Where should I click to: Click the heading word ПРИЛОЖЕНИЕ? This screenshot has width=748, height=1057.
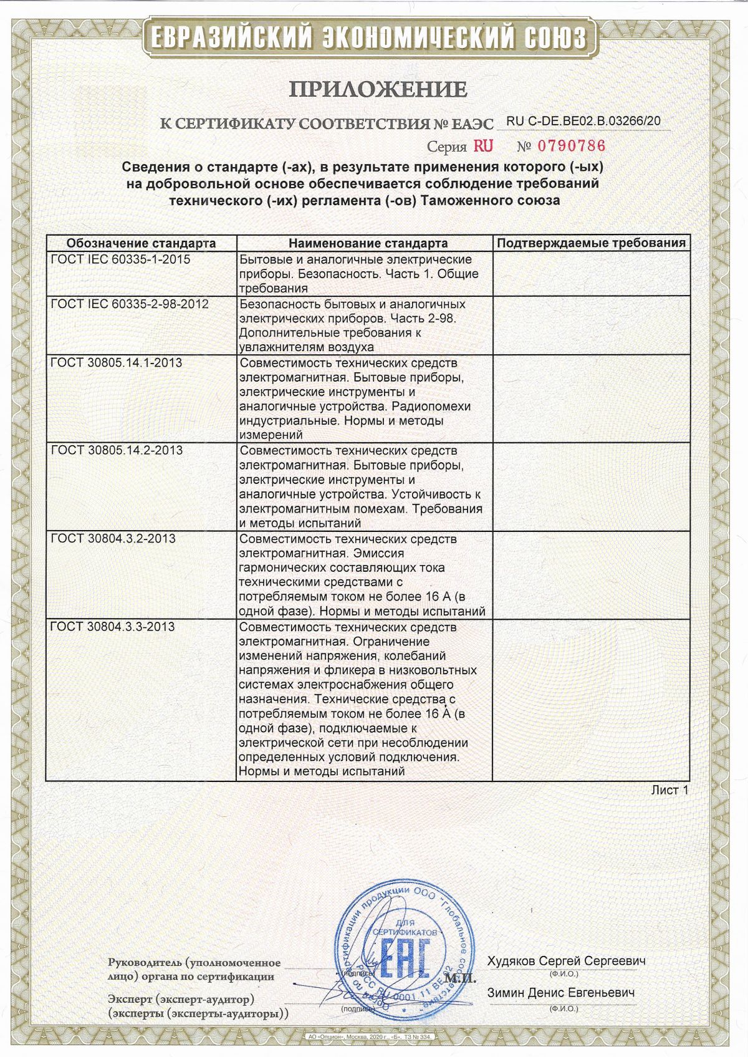coord(378,89)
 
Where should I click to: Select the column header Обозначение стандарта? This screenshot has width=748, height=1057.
coord(141,243)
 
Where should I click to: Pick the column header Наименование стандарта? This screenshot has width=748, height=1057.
coord(368,243)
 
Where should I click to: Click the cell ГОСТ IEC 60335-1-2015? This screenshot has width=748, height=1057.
coord(120,259)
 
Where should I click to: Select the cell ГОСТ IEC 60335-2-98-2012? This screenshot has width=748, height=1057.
coord(130,304)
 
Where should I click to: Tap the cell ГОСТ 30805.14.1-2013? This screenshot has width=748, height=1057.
coord(117,362)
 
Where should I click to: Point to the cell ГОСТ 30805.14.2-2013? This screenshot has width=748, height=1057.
coord(117,450)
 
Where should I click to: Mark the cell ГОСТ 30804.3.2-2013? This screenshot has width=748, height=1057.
coord(113,538)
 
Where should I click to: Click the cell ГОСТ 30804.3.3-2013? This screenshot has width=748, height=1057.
coord(113,627)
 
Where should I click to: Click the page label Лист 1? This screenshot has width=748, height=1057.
coord(669,790)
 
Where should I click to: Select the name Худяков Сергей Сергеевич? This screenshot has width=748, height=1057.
coord(566,960)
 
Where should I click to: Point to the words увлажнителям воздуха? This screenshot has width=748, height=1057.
coord(306,347)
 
